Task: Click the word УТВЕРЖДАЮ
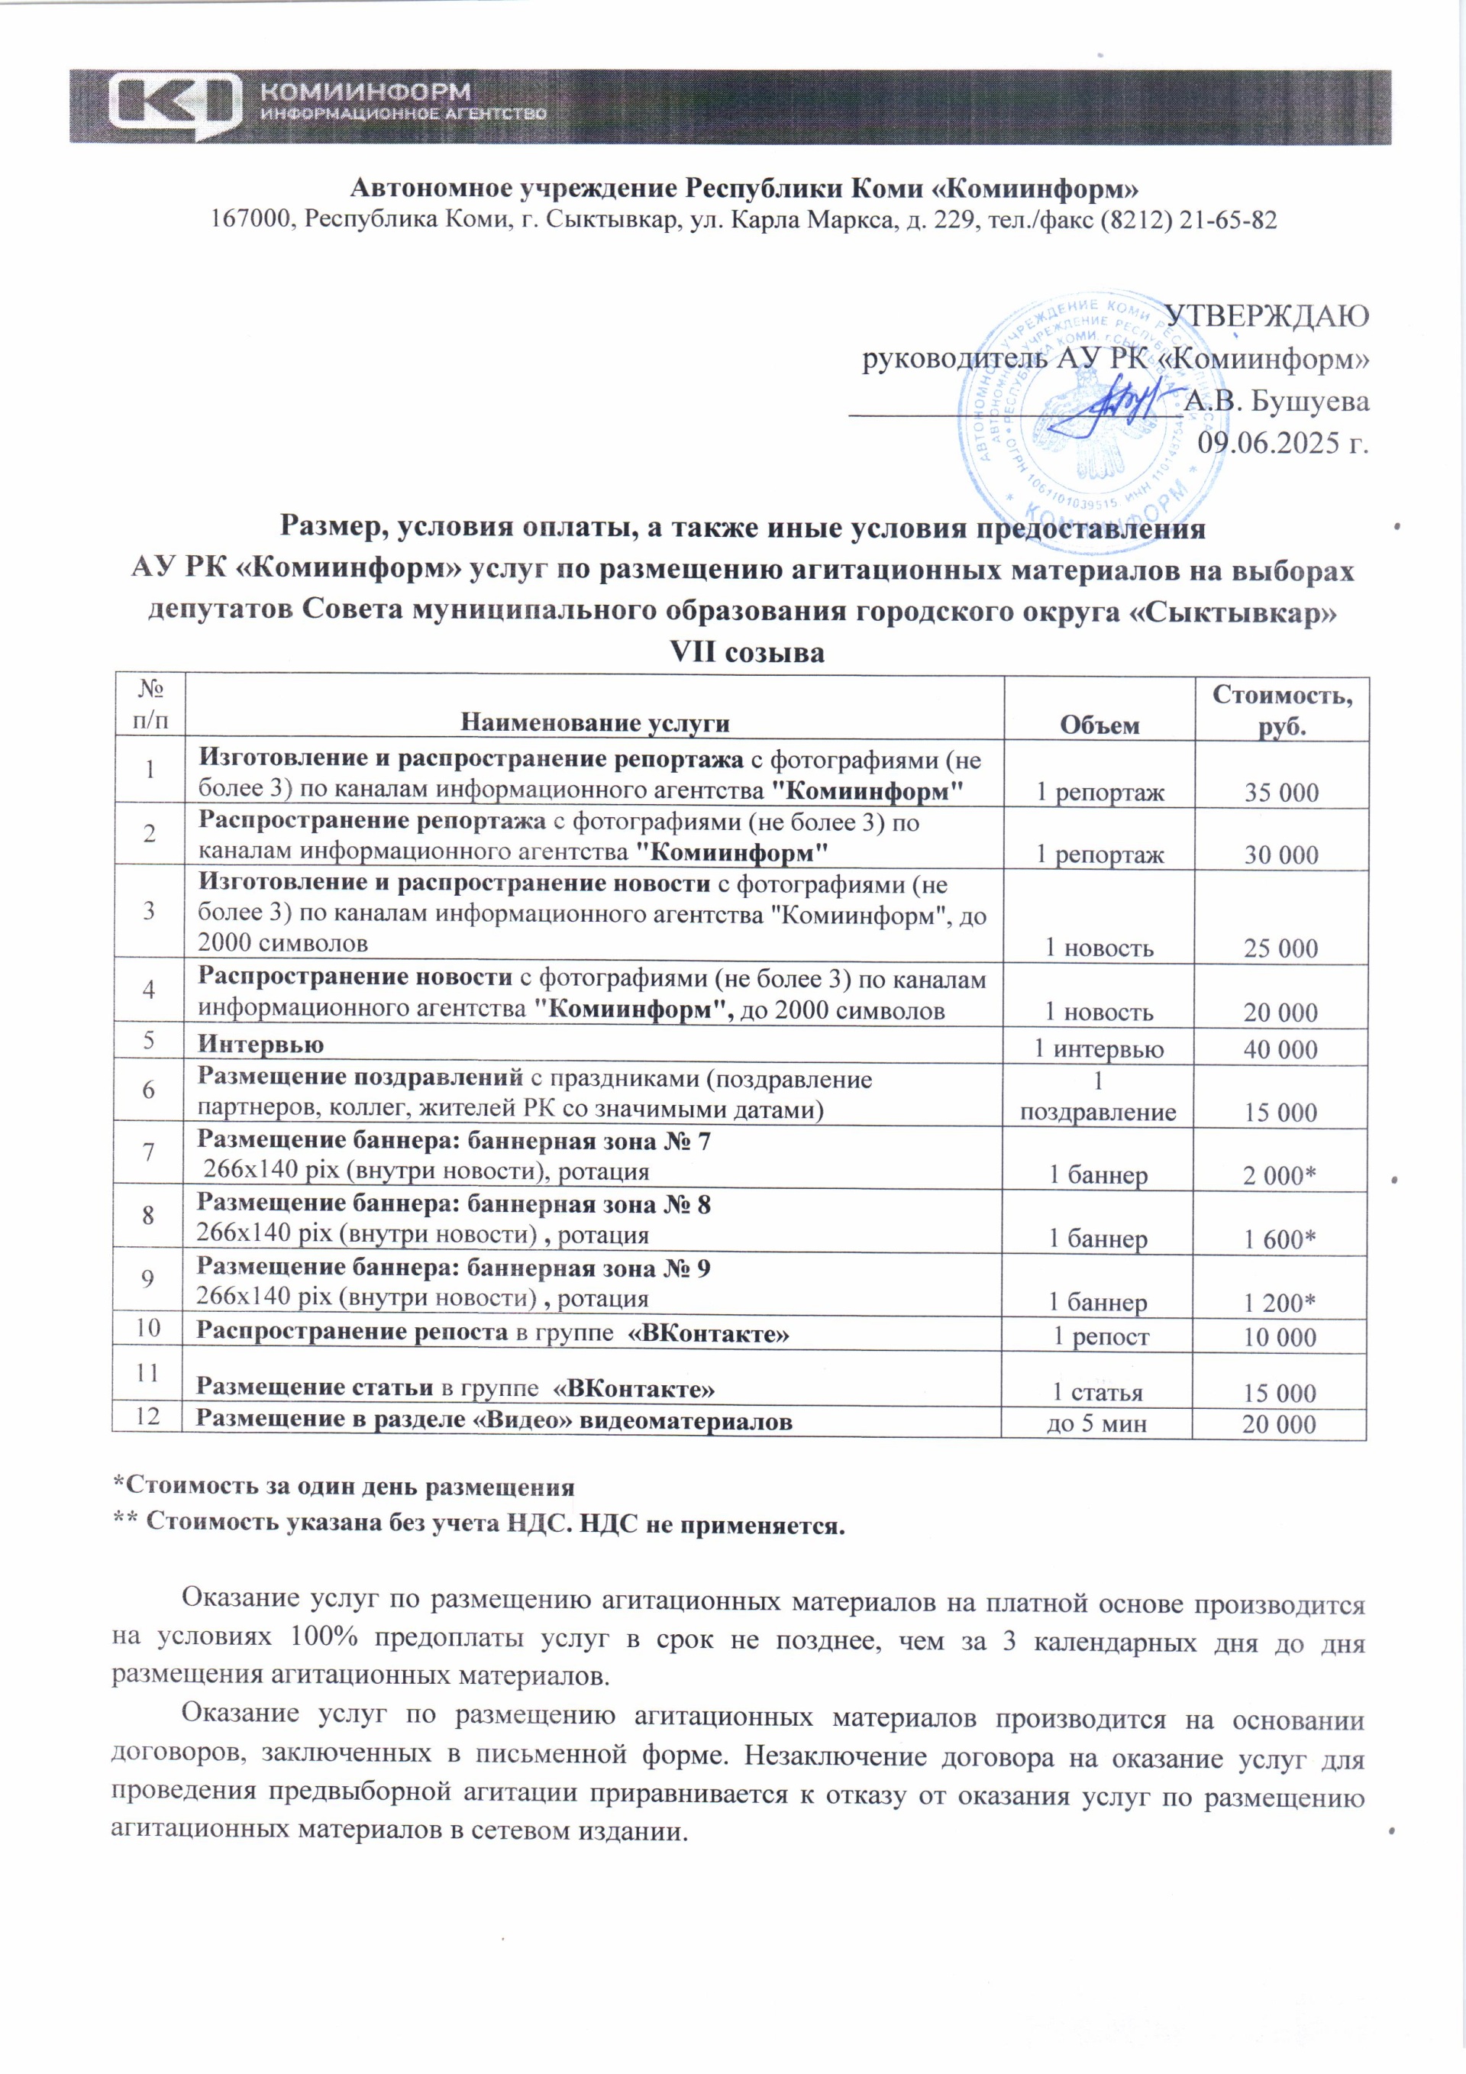pyautogui.click(x=1267, y=316)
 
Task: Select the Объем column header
pyautogui.click(x=1099, y=725)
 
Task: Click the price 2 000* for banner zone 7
pyautogui.click(x=1279, y=1175)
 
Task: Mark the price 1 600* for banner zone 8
pyautogui.click(x=1279, y=1239)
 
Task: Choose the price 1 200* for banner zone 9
pyautogui.click(x=1279, y=1303)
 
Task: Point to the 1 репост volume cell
pyautogui.click(x=1100, y=1337)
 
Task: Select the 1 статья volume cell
pyautogui.click(x=1097, y=1393)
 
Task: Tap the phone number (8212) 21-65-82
pyautogui.click(x=1188, y=219)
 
